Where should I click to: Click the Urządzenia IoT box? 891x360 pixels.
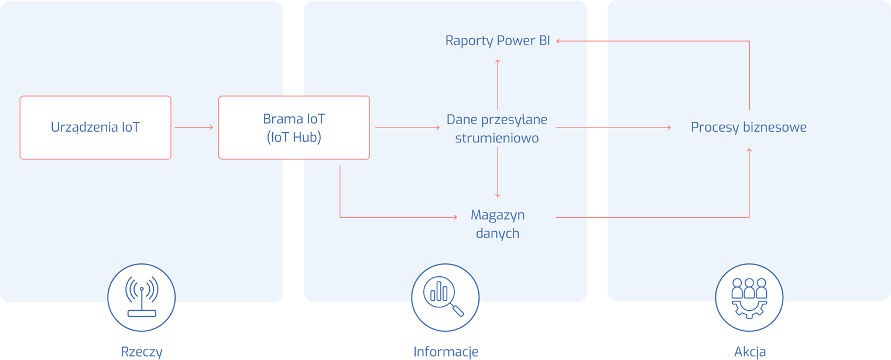(95, 128)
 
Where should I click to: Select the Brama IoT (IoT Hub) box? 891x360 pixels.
(294, 128)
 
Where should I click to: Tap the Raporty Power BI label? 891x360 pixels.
(498, 41)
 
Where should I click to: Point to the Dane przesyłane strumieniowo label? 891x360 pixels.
(497, 129)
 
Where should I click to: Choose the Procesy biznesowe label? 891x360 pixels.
(749, 128)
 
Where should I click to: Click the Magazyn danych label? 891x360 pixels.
(498, 224)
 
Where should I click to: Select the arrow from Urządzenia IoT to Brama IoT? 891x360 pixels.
(194, 127)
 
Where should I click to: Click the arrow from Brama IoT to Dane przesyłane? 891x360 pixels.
(407, 127)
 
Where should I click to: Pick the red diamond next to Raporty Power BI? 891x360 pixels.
(597, 41)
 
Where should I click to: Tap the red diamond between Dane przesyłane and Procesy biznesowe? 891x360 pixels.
(597, 128)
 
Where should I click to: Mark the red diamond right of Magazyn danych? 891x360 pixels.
(597, 217)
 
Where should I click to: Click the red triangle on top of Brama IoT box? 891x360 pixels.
(293, 91)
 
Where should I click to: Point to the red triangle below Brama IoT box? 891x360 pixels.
(293, 164)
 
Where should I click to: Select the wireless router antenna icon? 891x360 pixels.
(142, 297)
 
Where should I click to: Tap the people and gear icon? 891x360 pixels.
(749, 297)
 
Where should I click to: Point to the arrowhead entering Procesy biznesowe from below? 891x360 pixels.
(749, 151)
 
